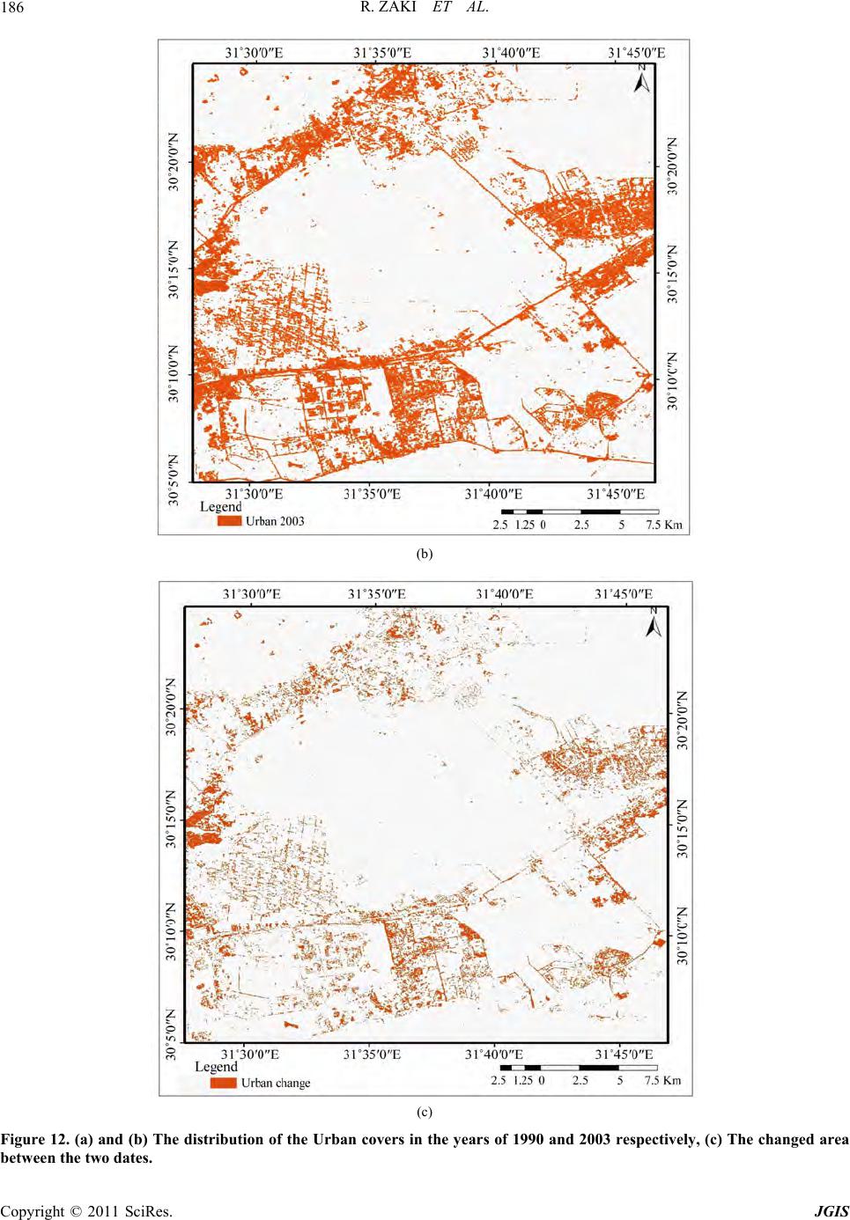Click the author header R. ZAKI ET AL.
(x=425, y=11)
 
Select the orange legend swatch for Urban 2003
(x=229, y=521)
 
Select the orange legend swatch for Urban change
(x=225, y=1083)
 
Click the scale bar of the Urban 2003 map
(x=580, y=511)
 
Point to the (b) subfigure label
(x=425, y=555)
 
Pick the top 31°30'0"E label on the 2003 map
(x=254, y=53)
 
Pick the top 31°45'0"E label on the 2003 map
(x=638, y=53)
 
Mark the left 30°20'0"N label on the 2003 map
(x=173, y=163)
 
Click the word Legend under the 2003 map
(x=221, y=507)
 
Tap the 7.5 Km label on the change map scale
(x=661, y=1081)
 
